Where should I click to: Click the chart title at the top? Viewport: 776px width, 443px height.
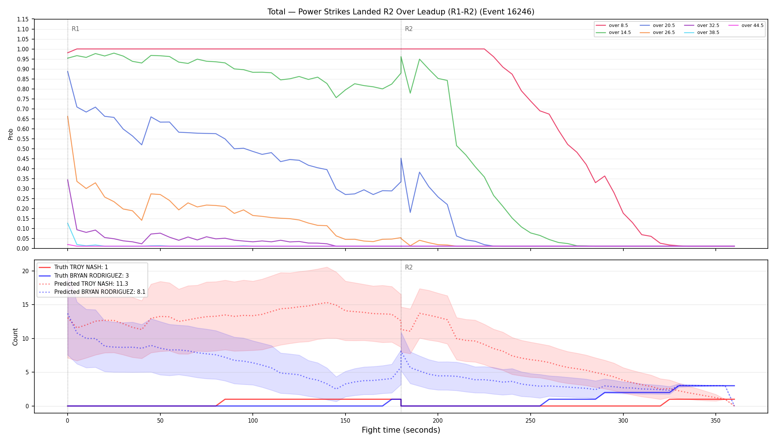401,12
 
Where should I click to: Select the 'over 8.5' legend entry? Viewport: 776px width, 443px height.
612,25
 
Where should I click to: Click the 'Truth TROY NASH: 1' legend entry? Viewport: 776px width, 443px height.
74,267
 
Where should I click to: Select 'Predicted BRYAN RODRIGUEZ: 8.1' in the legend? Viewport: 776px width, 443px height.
92,292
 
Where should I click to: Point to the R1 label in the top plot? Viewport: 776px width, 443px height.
75,29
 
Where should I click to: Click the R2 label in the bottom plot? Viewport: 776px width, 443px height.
409,267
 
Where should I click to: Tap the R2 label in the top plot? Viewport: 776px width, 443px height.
409,29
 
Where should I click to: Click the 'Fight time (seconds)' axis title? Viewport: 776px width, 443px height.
401,430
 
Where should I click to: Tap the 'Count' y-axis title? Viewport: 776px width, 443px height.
15,337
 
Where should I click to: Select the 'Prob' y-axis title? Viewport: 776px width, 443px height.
10,134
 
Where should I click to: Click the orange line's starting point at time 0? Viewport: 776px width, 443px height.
68,116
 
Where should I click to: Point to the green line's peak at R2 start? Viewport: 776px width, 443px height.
401,56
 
